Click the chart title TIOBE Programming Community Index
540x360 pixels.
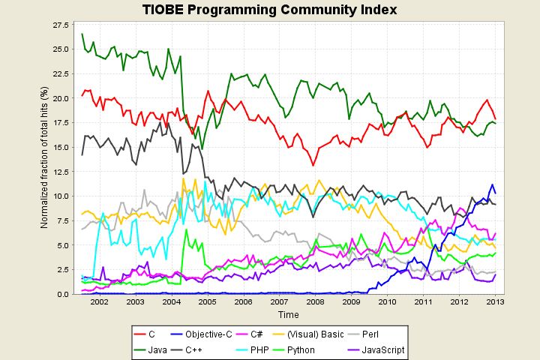click(x=270, y=10)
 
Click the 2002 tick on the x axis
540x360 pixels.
click(x=99, y=301)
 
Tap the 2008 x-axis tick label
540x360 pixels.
click(x=315, y=301)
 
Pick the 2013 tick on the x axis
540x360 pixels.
click(x=495, y=301)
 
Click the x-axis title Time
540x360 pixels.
click(x=288, y=314)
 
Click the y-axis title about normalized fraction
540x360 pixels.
click(x=44, y=158)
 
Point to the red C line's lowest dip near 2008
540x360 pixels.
click(x=312, y=165)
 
